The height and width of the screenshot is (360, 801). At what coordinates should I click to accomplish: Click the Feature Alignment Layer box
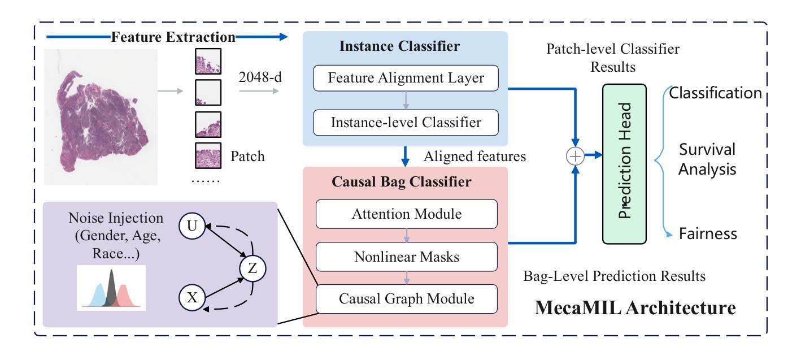(x=406, y=79)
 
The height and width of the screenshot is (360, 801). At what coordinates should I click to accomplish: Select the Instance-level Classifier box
(x=406, y=122)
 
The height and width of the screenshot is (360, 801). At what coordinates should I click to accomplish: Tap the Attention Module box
(x=406, y=214)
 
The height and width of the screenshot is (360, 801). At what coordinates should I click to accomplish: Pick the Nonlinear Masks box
(x=406, y=257)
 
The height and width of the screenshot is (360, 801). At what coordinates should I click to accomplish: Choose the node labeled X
(x=191, y=298)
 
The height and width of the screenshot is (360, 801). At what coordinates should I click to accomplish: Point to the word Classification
(x=715, y=93)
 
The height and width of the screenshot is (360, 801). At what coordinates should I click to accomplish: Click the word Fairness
(x=708, y=233)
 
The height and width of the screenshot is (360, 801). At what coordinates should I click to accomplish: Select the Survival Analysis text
(x=707, y=159)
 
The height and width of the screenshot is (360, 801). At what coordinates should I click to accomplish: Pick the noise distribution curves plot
(x=111, y=288)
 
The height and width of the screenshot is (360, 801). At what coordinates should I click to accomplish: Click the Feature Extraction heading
(x=173, y=38)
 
